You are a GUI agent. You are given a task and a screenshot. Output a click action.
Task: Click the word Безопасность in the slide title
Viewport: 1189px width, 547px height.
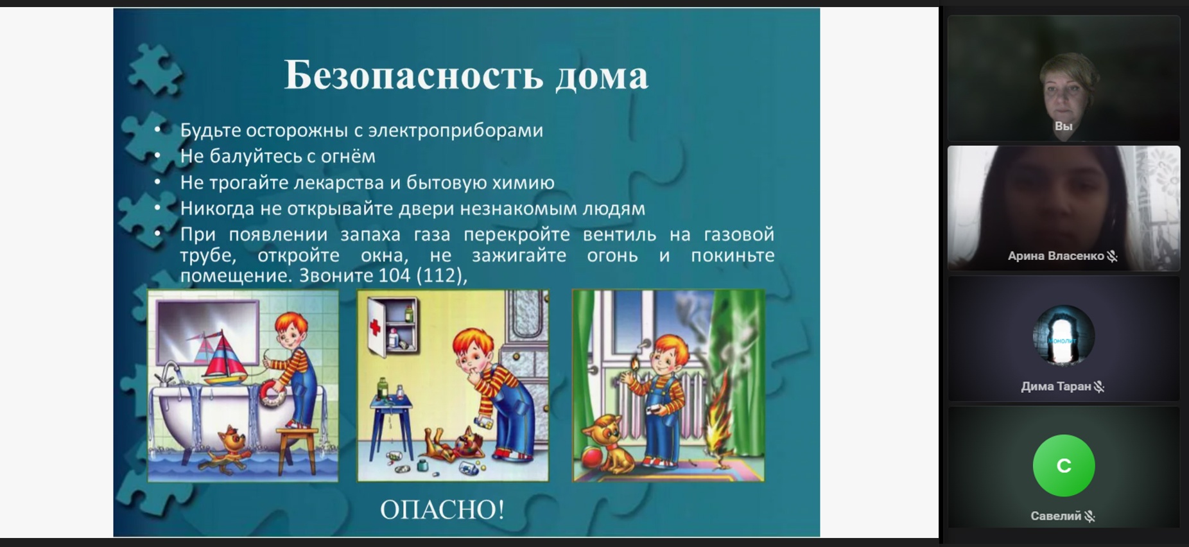pos(414,75)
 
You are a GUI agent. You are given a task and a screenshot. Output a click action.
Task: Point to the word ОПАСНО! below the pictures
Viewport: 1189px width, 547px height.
pos(442,509)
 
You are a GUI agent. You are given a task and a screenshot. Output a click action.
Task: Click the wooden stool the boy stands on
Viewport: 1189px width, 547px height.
pos(299,449)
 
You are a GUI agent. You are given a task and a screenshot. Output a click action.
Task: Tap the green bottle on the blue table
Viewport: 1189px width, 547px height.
pos(383,388)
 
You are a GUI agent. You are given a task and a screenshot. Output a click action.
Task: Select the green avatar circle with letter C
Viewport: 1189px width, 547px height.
pos(1063,465)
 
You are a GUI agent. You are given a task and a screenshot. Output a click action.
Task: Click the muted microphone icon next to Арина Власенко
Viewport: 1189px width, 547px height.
pos(1113,256)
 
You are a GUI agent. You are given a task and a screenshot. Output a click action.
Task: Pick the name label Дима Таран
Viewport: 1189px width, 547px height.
pos(1055,386)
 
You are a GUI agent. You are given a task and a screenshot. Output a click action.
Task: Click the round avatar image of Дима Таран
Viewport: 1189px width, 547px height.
pos(1063,336)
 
